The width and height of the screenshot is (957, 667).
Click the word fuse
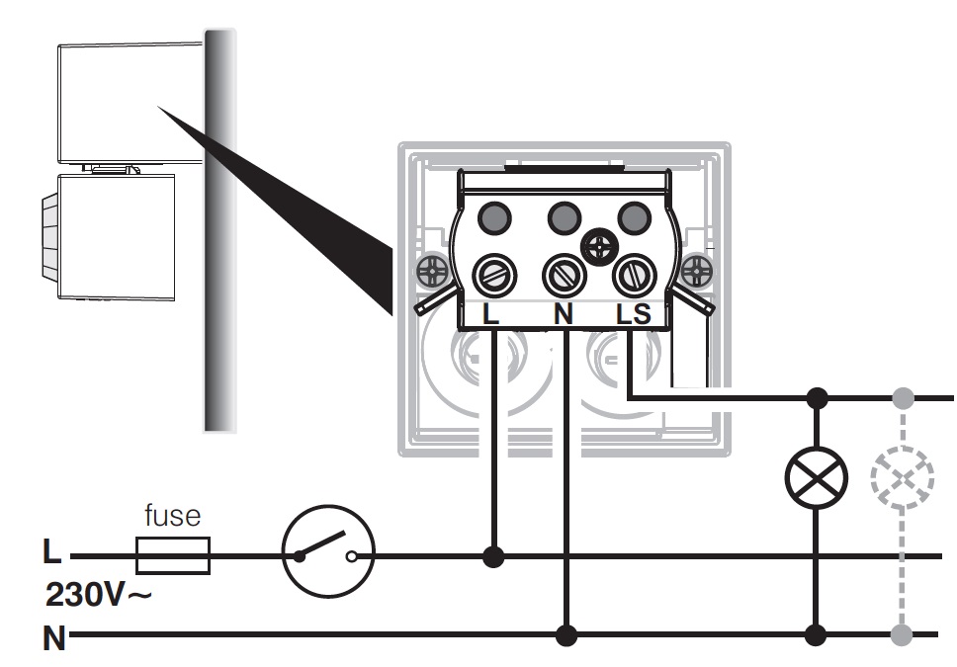172,515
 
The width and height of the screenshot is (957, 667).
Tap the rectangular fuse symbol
172,556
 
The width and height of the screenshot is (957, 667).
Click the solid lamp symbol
816,478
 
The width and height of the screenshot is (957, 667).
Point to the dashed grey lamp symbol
902,479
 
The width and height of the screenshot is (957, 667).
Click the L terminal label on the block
491,314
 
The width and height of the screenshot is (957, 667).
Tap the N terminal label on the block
564,314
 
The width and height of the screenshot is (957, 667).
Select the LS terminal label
634,314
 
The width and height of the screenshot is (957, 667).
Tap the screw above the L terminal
491,275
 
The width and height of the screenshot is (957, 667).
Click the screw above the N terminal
564,275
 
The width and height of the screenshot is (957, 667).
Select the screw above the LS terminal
633,275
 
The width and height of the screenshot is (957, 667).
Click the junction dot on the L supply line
493,556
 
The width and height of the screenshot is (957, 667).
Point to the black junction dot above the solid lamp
817,398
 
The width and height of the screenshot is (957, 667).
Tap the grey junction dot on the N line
902,633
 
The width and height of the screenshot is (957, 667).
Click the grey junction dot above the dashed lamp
902,398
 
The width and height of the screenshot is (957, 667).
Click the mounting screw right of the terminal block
697,268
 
